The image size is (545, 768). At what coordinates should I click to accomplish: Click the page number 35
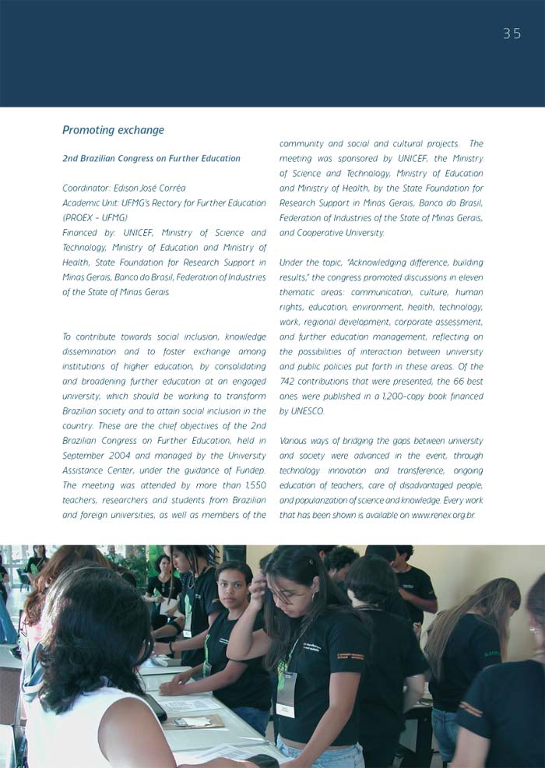click(512, 33)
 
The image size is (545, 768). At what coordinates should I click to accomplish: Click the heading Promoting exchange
click(113, 130)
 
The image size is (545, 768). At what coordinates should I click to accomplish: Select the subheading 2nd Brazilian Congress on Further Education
click(151, 158)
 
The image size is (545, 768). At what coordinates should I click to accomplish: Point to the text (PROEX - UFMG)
click(95, 217)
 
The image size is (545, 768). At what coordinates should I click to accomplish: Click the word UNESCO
click(307, 410)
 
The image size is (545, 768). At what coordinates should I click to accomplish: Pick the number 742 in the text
click(290, 381)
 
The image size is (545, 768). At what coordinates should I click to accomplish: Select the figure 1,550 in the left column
click(254, 484)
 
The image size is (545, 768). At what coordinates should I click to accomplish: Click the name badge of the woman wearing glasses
click(286, 693)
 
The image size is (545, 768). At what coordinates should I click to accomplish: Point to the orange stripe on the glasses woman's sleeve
click(350, 656)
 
